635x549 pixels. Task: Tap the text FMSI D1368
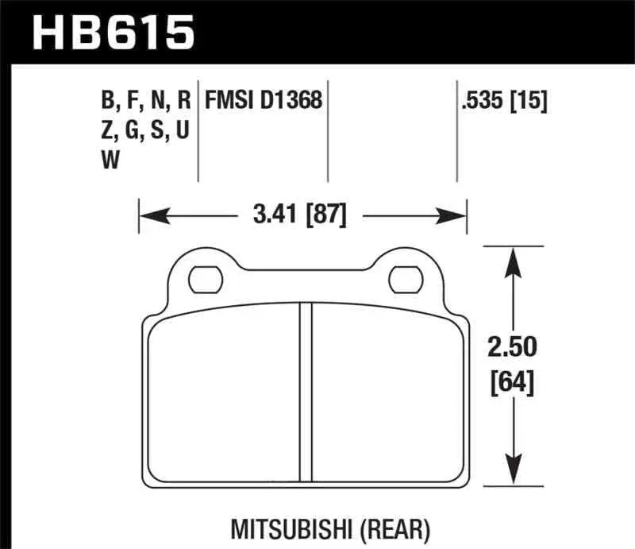pyautogui.click(x=263, y=101)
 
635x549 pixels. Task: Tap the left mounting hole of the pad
pyautogui.click(x=205, y=279)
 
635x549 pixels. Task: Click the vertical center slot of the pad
pyautogui.click(x=305, y=393)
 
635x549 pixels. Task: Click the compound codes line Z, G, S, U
pyautogui.click(x=144, y=131)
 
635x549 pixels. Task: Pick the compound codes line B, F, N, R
pyautogui.click(x=146, y=101)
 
